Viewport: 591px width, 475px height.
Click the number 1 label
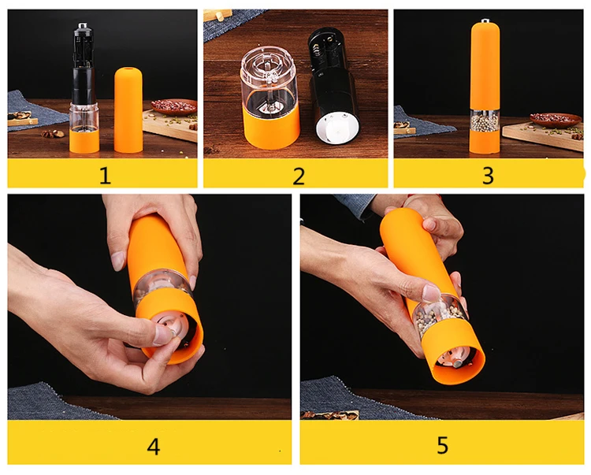point(105,175)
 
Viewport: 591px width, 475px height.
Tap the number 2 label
point(299,176)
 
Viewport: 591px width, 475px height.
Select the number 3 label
point(488,175)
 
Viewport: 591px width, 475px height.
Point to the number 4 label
point(154,447)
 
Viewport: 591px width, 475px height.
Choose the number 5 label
point(443,445)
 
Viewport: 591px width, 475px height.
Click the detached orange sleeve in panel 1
point(128,110)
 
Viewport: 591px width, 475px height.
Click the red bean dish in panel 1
point(174,107)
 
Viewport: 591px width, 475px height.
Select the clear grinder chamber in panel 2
point(269,80)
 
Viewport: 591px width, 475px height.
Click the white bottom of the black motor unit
point(334,128)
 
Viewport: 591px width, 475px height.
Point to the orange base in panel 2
point(271,128)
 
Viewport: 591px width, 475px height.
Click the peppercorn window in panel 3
point(485,121)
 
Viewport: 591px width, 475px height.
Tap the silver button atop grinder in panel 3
point(485,20)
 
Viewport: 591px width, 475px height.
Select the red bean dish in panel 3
point(556,120)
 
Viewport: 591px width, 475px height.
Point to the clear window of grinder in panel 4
point(162,285)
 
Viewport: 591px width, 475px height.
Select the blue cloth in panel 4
point(53,402)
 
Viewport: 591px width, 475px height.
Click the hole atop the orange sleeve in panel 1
point(128,69)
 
